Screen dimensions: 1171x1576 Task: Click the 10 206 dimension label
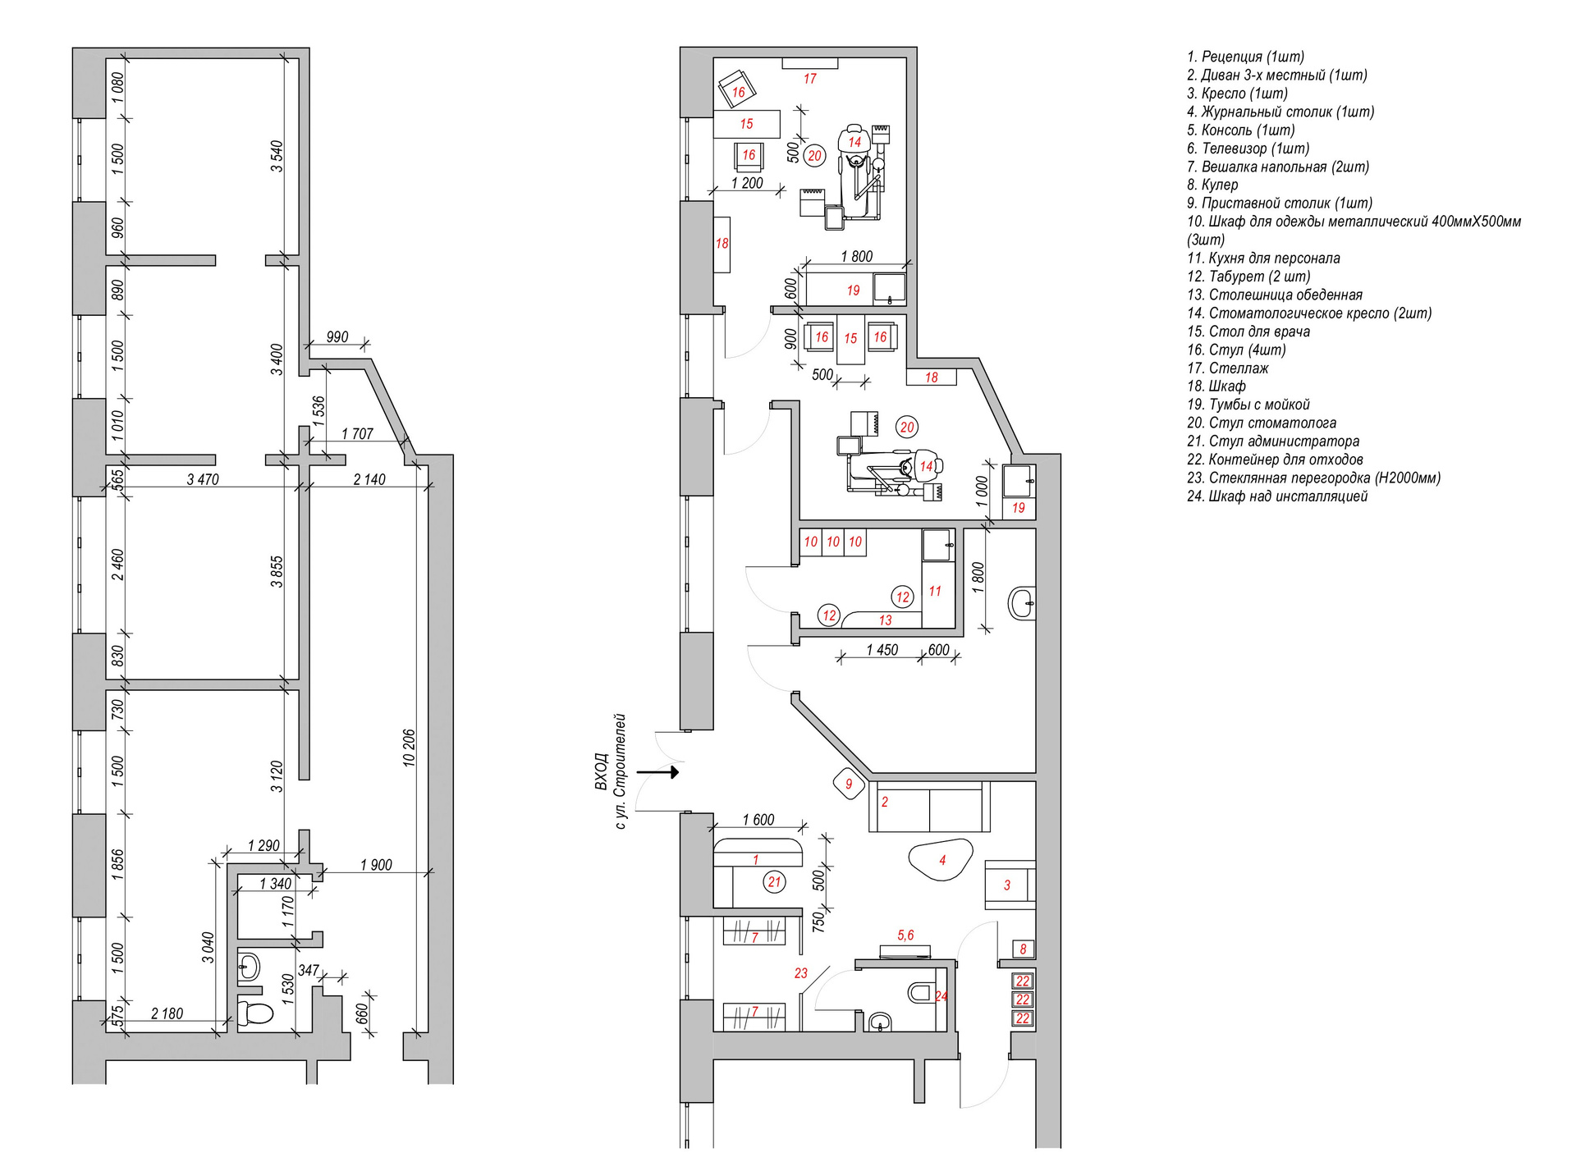point(409,748)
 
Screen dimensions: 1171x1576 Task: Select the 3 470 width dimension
point(203,479)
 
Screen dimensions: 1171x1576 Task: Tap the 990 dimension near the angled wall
point(337,337)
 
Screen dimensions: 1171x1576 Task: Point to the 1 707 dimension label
point(357,433)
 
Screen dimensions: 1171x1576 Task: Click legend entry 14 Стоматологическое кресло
point(1309,313)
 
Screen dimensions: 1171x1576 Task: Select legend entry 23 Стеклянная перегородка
point(1313,478)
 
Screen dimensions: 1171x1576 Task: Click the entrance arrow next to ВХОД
point(658,771)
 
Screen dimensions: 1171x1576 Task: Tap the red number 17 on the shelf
point(810,79)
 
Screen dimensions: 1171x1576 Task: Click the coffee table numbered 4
point(941,860)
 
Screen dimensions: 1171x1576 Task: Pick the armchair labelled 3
point(1009,885)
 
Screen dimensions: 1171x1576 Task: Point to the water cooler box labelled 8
point(1023,949)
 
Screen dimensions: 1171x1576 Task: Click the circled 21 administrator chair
point(774,882)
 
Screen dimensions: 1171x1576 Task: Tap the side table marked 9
point(849,784)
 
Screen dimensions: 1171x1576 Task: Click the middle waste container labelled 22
point(1023,999)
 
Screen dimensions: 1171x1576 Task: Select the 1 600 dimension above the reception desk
point(758,820)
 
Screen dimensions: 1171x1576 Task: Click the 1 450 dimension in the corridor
point(882,650)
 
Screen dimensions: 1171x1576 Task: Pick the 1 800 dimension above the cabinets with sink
point(856,256)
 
